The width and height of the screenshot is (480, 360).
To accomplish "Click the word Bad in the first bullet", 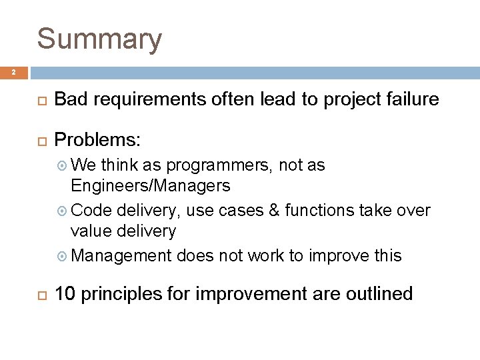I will pos(71,100).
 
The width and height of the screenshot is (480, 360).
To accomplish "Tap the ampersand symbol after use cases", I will pos(295,211).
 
